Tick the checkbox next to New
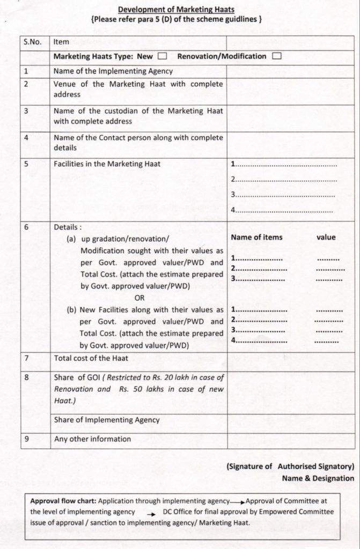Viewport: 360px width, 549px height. click(163, 56)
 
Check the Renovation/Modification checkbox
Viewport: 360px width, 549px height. click(277, 56)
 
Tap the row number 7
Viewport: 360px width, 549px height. click(26, 358)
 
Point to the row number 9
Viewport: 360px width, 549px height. click(26, 439)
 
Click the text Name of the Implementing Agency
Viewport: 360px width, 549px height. click(113, 70)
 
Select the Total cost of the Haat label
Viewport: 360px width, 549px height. click(91, 358)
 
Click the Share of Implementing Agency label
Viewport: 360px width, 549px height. click(107, 420)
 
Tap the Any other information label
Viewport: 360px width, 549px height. click(92, 439)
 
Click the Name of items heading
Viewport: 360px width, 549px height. click(256, 237)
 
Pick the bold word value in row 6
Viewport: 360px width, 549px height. click(326, 237)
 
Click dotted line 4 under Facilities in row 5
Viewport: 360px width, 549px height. click(286, 210)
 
